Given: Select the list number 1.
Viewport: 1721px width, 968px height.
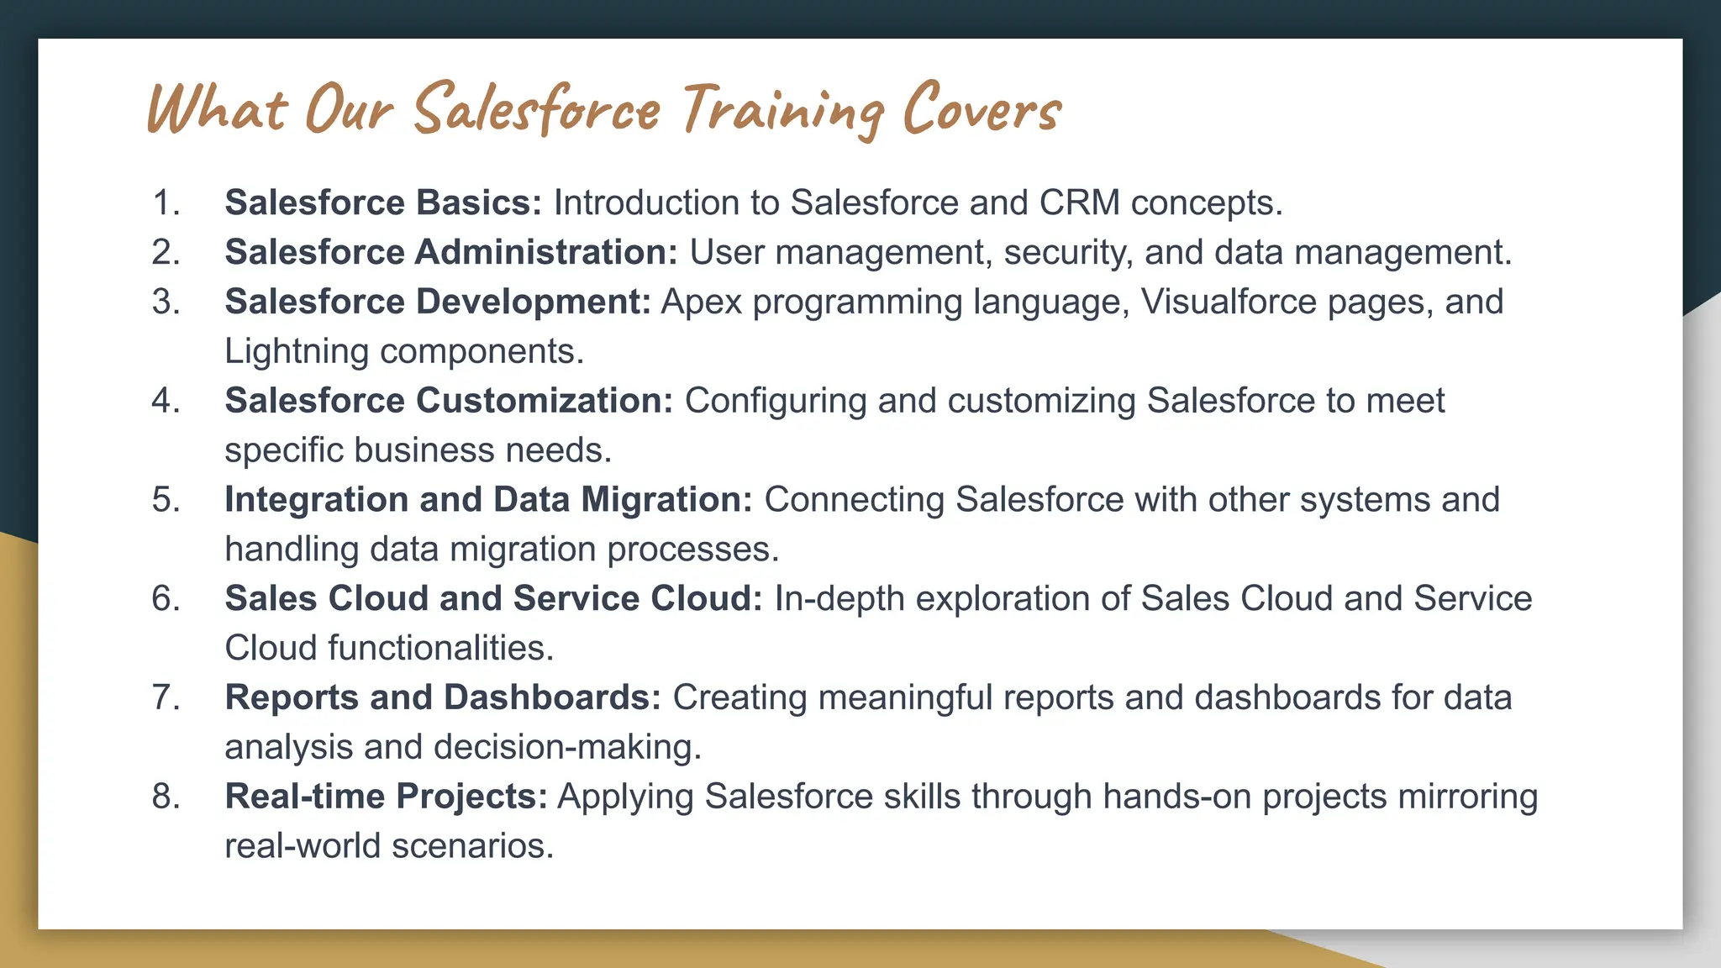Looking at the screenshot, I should (166, 203).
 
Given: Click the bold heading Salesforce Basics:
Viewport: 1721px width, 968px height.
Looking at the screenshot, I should (383, 203).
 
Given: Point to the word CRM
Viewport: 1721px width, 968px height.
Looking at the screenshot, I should (1079, 203).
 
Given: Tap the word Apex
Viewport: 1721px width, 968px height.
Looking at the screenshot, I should (702, 302).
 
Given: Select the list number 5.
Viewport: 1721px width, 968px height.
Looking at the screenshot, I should (166, 500).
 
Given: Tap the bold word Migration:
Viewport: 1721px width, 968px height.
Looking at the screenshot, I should (666, 500).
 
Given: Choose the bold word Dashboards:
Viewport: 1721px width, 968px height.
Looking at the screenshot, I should (552, 697).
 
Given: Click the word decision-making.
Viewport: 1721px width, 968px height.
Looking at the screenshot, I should (567, 747).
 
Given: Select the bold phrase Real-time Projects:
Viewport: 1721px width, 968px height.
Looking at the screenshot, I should (386, 797).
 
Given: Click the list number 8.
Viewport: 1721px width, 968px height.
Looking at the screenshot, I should (166, 797).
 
